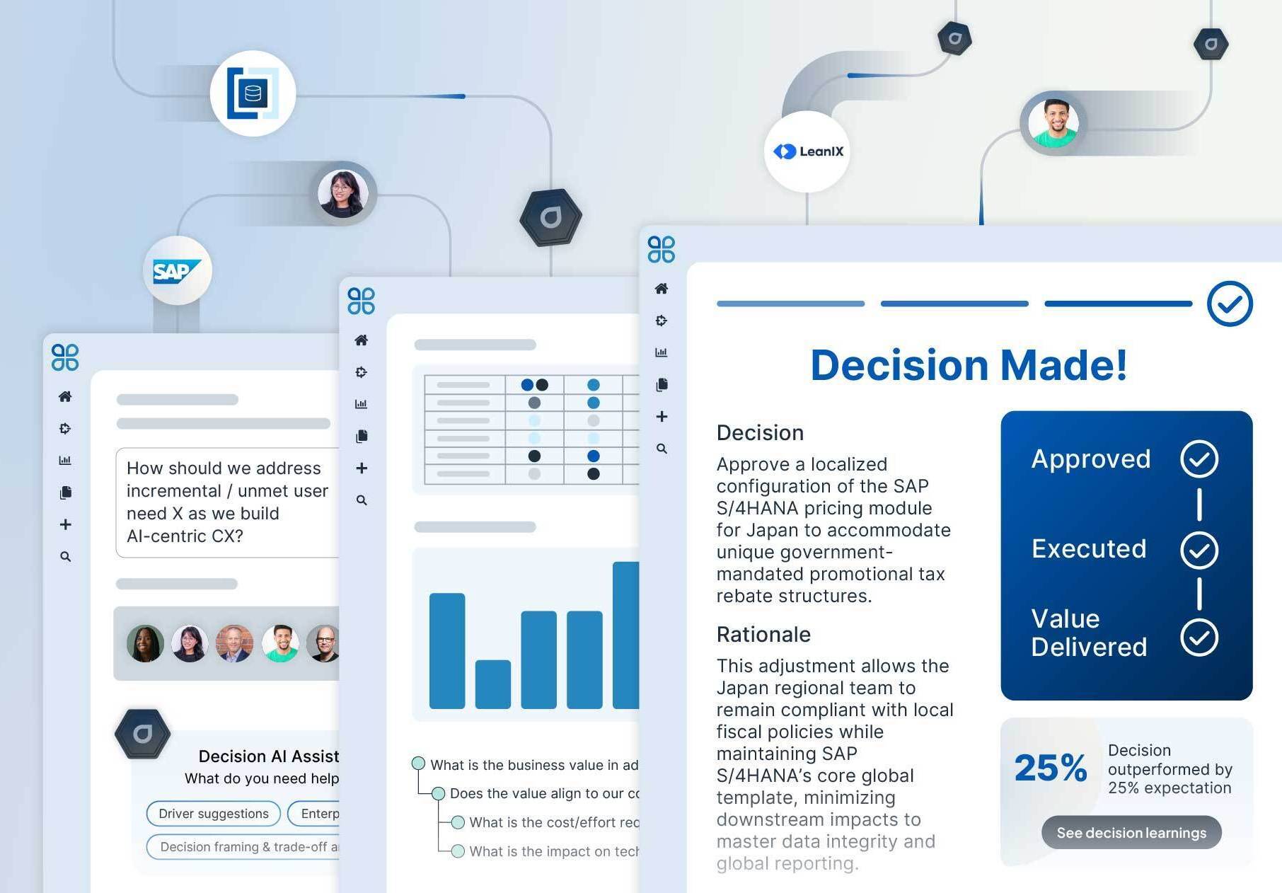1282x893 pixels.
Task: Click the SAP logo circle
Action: [177, 270]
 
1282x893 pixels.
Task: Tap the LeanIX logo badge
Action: [807, 151]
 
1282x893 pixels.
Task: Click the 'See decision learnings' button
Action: [1131, 833]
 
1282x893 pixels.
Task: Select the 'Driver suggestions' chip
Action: [213, 814]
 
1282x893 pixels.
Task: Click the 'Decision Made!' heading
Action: [969, 365]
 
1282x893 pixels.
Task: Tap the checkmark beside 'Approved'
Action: [1199, 459]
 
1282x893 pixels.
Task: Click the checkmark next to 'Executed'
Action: [1199, 550]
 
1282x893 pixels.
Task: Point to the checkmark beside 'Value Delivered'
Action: [1199, 637]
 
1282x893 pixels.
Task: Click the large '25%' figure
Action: [1050, 768]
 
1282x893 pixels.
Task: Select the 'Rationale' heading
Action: [763, 635]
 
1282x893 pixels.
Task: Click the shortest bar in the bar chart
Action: [492, 684]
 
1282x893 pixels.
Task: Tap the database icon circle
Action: [253, 93]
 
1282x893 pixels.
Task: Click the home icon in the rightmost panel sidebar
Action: [662, 289]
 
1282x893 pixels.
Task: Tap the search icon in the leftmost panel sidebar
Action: [65, 557]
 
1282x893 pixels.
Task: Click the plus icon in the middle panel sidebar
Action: [362, 468]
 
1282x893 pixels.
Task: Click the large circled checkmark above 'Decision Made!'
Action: [1230, 304]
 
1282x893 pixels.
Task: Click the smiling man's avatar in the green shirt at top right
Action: [1053, 123]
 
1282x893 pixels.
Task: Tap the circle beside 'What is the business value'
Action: [418, 764]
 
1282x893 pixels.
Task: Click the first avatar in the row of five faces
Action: [145, 644]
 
